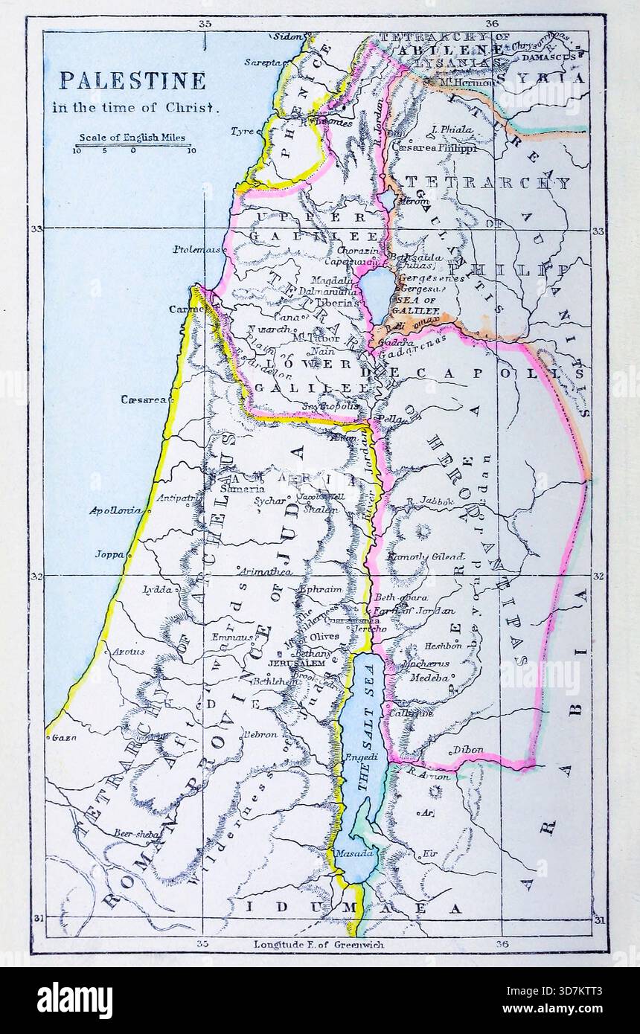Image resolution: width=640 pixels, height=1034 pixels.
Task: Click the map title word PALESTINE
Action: (132, 80)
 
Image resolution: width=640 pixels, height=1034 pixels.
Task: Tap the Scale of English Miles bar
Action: (134, 146)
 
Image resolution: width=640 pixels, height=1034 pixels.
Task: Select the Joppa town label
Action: (109, 554)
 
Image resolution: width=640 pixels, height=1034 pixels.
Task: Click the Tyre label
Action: (242, 131)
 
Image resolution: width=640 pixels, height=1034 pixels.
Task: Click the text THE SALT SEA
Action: (364, 736)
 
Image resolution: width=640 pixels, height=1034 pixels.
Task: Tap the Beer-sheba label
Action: (137, 834)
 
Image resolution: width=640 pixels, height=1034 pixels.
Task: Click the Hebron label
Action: (258, 734)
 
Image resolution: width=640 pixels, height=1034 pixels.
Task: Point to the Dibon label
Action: (467, 750)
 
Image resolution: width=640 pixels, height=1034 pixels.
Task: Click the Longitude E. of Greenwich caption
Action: (319, 945)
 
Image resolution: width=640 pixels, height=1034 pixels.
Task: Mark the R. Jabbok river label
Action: (430, 501)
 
